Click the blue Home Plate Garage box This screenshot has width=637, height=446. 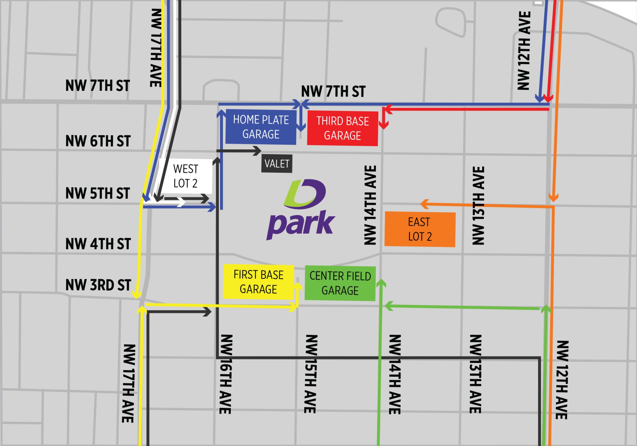[x=261, y=127]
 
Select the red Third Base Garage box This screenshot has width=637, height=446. [x=342, y=128]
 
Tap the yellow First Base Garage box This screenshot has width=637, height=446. [x=258, y=282]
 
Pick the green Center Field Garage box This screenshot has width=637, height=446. [x=340, y=283]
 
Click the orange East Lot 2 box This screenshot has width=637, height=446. [x=420, y=229]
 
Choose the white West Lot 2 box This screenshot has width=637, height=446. [x=186, y=176]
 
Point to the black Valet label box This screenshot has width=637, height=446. [x=277, y=164]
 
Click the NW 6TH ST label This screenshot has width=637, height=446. [x=98, y=141]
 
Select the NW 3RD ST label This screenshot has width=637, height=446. [x=98, y=285]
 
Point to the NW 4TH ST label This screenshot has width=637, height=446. [x=98, y=244]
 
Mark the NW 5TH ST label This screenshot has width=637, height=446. [x=98, y=193]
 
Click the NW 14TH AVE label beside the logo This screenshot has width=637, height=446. [x=370, y=205]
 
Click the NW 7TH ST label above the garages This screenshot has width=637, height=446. [x=333, y=91]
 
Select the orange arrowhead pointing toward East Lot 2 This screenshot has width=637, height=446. [x=424, y=204]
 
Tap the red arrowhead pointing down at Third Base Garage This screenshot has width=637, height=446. [x=383, y=125]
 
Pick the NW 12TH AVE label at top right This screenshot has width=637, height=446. [x=524, y=51]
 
